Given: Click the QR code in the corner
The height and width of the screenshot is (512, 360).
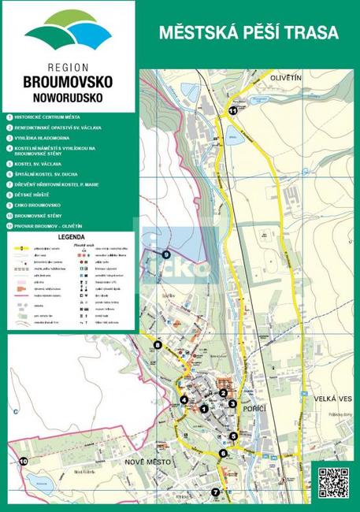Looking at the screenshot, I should pyautogui.click(x=332, y=483).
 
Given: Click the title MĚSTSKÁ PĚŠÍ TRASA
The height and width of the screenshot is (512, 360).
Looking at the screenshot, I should pyautogui.click(x=248, y=33).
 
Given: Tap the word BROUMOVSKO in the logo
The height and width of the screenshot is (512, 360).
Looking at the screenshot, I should pyautogui.click(x=68, y=82).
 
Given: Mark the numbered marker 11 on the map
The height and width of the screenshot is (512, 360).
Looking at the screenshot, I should pyautogui.click(x=232, y=111).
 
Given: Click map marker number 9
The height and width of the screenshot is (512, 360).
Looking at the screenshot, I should pyautogui.click(x=165, y=254).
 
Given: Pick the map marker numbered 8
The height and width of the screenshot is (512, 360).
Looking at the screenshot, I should pyautogui.click(x=158, y=344).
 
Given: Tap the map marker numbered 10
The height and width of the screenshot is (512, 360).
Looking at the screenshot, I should pyautogui.click(x=23, y=461).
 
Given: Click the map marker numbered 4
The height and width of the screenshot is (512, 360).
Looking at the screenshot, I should pyautogui.click(x=184, y=399).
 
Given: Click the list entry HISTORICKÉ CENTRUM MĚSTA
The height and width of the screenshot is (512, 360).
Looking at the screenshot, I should pyautogui.click(x=47, y=116).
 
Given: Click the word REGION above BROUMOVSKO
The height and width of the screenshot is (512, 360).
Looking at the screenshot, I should pyautogui.click(x=68, y=68).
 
